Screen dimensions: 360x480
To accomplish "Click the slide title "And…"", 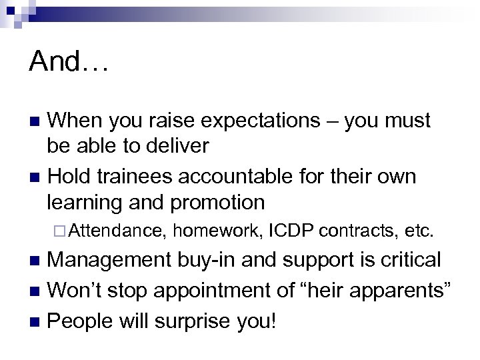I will pyautogui.click(x=69, y=63).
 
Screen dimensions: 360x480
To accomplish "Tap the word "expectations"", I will pyautogui.click(x=270, y=121).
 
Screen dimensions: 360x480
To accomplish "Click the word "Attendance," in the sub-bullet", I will pyautogui.click(x=116, y=231).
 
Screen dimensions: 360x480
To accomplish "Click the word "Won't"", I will pyautogui.click(x=73, y=291).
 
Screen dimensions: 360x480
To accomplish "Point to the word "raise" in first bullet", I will pyautogui.click(x=194, y=121).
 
